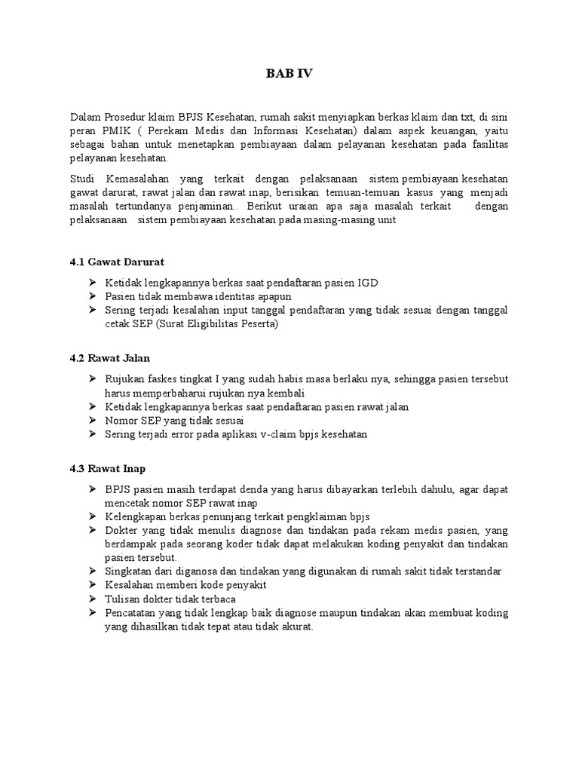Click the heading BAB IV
289,74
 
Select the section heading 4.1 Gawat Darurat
117,262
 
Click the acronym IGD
368,283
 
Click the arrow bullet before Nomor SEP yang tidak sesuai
92,421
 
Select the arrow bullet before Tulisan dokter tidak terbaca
92,599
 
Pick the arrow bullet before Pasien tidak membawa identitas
92,296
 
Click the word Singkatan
130,571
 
